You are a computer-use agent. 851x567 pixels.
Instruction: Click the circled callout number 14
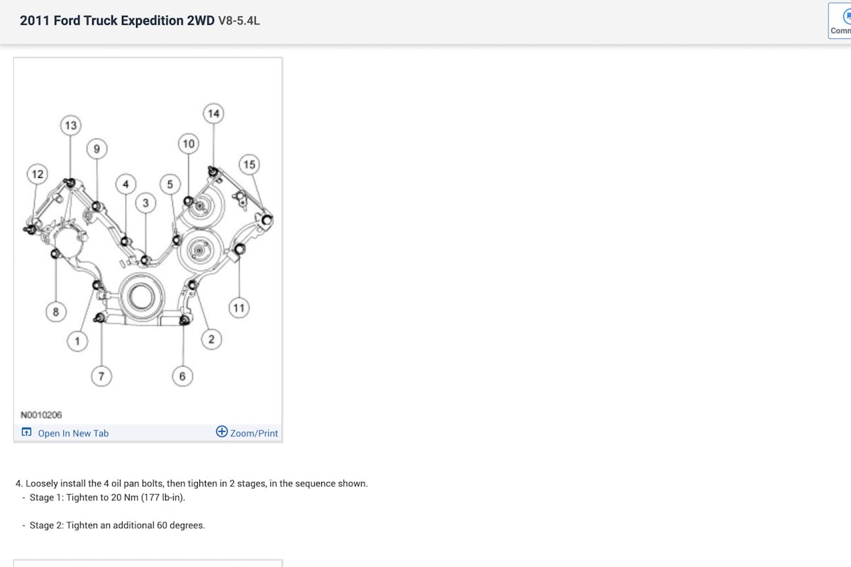pos(213,113)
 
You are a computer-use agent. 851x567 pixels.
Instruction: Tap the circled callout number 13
pos(71,125)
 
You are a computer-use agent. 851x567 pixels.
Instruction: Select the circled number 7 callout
pos(101,376)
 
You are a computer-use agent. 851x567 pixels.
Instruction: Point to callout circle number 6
pos(182,376)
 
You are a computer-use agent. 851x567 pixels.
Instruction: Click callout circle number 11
pos(239,308)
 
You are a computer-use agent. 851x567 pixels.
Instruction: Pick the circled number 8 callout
pos(56,312)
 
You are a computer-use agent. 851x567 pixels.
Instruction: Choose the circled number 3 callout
pos(145,203)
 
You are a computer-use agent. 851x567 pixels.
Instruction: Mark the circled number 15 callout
pos(249,164)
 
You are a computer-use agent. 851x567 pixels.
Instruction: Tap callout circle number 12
pos(37,174)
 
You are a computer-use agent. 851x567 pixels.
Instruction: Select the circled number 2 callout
pos(211,339)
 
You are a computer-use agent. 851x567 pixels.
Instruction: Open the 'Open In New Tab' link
pos(73,433)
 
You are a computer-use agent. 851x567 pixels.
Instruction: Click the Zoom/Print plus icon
pos(222,432)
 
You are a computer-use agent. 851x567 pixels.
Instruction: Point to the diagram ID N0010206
pos(41,415)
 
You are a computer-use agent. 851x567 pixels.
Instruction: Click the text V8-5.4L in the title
pos(239,21)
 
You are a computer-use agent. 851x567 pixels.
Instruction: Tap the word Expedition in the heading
pos(152,21)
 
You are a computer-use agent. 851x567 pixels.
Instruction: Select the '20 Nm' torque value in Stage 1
pos(125,498)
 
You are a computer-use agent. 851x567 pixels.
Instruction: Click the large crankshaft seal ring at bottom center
pos(142,297)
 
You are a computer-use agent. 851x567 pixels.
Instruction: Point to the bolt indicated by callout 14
pos(213,172)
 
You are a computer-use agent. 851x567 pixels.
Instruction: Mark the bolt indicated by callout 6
pos(184,320)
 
